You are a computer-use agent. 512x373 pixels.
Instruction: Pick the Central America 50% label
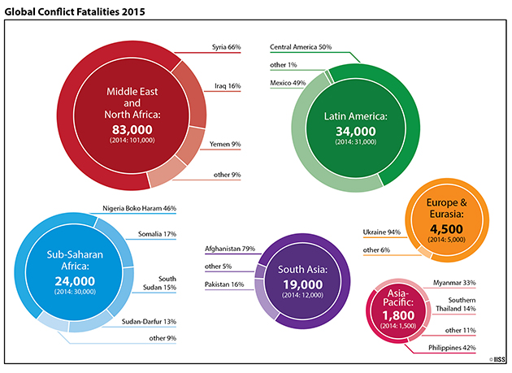[301, 47]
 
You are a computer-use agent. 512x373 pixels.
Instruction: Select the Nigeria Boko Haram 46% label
[140, 208]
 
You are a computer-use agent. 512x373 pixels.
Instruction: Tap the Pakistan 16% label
[224, 284]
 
